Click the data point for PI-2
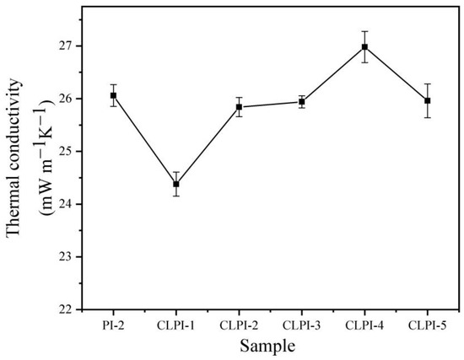tap(113, 95)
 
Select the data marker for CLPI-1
tap(176, 184)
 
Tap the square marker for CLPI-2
tap(239, 107)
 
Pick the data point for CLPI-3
tap(302, 102)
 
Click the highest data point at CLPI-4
tap(364, 47)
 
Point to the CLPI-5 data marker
tap(428, 100)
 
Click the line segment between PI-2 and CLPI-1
tap(144, 139)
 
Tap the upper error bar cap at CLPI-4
tap(364, 31)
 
